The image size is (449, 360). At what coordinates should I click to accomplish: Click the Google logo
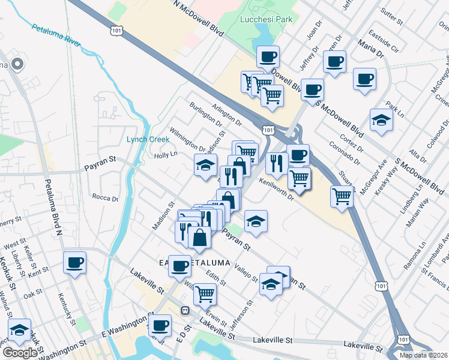20,353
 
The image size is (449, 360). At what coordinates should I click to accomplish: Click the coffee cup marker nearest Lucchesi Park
268,58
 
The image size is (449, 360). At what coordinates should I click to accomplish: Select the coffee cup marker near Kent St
75,263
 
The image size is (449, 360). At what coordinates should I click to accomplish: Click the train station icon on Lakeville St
185,310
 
